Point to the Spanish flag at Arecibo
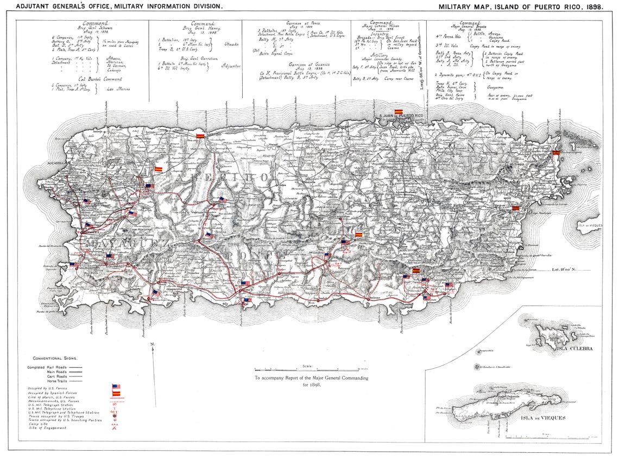(200, 136)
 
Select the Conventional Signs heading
(55, 358)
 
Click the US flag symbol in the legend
(116, 387)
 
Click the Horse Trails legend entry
(53, 381)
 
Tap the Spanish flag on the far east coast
(555, 153)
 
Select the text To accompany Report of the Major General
(311, 378)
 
